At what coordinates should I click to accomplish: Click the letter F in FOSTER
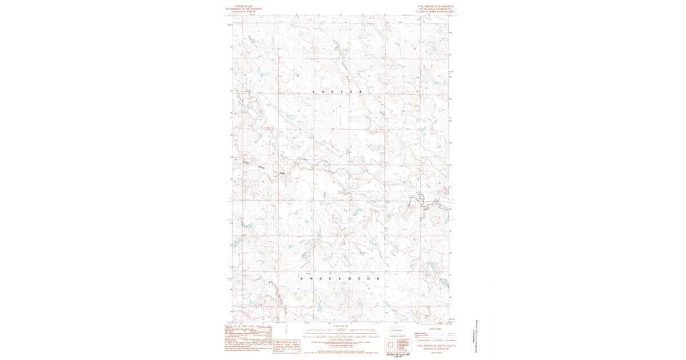(315, 91)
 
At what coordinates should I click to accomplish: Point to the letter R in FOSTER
(361, 91)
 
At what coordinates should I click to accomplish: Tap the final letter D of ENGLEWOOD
(378, 278)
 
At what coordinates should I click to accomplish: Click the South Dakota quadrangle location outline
(397, 330)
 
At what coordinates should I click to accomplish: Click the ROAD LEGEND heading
(435, 329)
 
